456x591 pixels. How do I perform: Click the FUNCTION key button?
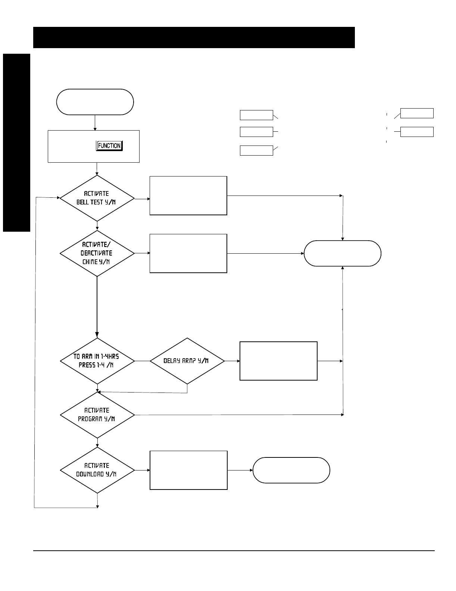109,146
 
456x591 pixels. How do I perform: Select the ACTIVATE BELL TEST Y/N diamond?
97,198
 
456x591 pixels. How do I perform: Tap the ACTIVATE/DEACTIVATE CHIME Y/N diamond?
97,253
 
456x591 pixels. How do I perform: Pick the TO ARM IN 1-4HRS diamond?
97,361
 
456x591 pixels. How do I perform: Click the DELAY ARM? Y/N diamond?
187,361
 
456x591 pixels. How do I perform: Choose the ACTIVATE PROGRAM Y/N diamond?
97,415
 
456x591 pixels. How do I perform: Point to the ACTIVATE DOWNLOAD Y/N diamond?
97,470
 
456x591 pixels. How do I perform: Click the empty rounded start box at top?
95,102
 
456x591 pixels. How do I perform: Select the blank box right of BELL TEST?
188,196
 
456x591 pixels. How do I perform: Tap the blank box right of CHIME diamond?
188,253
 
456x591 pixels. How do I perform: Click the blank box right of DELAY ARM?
278,361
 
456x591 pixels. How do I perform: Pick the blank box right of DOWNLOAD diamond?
188,470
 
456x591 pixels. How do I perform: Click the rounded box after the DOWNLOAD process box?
291,470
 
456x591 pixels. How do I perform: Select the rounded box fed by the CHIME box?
343,253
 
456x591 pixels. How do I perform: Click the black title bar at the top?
194,37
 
